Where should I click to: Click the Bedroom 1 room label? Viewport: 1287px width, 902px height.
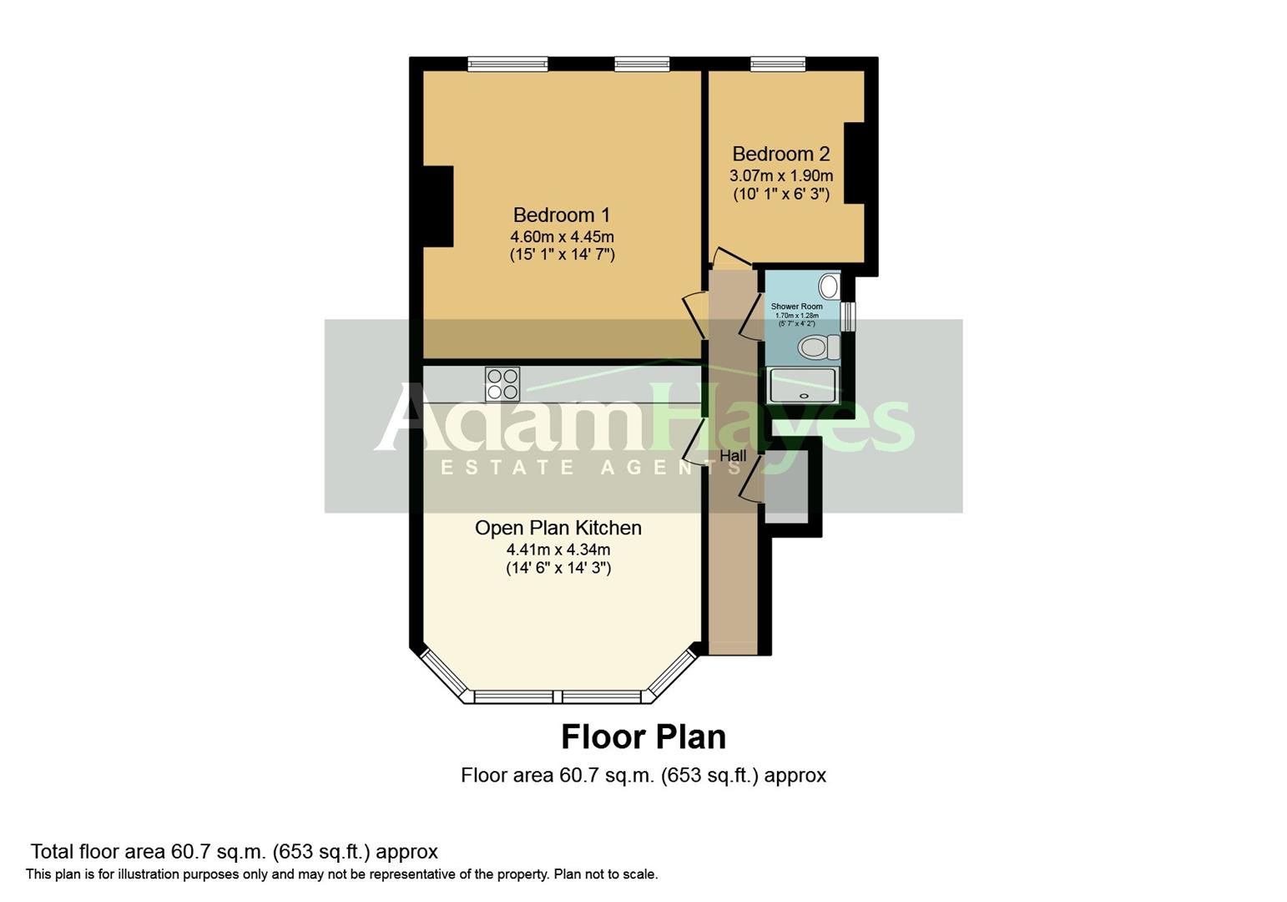561,215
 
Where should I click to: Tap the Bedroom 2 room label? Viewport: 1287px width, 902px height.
780,154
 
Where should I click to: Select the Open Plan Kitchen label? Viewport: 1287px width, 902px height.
558,528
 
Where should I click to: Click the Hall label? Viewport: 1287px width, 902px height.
733,456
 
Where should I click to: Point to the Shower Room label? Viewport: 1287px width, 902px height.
796,307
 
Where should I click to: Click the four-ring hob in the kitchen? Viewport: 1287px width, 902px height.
502,384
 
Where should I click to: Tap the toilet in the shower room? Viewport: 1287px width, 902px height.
817,347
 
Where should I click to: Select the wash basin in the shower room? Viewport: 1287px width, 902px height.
829,286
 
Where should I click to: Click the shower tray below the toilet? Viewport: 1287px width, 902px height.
802,386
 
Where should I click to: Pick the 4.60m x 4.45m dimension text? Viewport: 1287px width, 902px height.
562,236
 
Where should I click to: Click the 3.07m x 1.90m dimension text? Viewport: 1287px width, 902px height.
781,175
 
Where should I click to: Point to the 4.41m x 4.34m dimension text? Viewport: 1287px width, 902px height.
558,550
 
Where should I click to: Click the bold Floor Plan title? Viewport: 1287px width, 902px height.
643,737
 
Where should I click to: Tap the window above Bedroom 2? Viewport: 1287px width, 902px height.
777,63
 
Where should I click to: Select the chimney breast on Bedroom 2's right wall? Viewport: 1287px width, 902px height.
855,163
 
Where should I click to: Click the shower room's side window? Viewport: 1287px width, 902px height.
849,317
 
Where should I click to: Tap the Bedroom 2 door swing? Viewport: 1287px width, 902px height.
729,258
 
